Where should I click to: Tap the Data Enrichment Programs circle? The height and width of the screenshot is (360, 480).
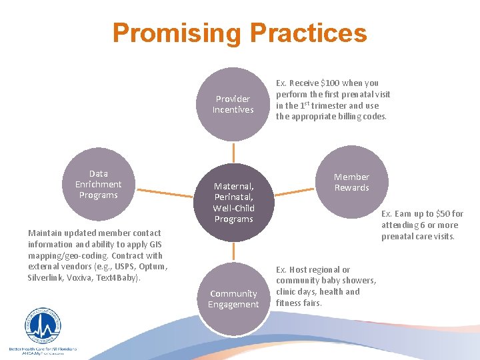(98, 184)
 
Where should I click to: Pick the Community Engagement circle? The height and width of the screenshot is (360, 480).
(233, 299)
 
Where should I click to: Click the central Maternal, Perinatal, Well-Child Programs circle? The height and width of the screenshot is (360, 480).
(233, 203)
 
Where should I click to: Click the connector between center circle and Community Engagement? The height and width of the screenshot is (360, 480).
(233, 252)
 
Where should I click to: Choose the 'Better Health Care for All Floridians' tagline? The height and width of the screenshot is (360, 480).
(43, 349)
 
